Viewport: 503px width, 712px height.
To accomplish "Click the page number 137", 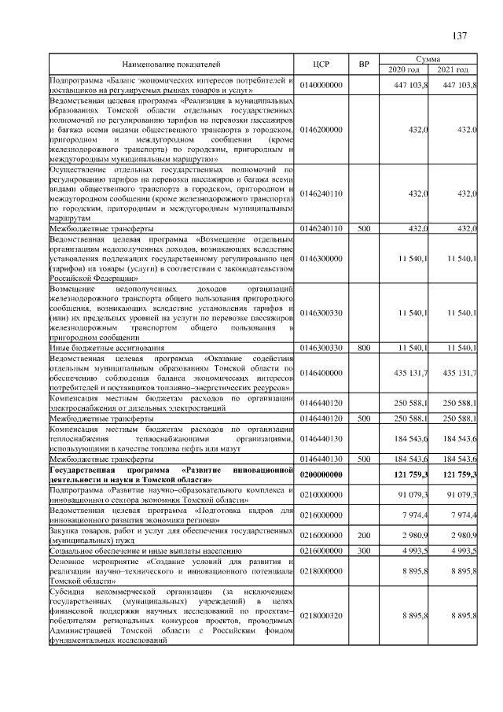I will coord(460,35).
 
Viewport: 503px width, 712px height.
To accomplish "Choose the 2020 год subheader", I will coord(404,69).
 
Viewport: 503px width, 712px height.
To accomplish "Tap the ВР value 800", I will coord(363,347).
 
